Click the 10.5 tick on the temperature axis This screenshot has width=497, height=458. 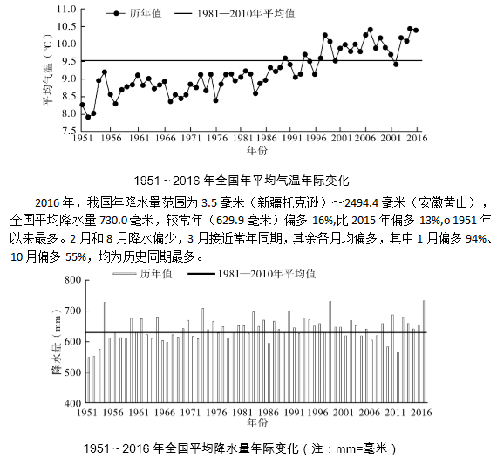[66, 26]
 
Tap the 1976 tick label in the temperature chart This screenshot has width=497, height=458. [217, 138]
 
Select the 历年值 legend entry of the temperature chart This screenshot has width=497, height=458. [134, 13]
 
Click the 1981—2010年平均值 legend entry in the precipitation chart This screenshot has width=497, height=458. [252, 274]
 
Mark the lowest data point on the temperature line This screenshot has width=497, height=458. [88, 118]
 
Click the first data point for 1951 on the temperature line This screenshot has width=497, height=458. [83, 105]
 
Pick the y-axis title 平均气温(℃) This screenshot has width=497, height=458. [48, 70]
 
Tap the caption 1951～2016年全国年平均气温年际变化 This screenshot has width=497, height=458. [242, 181]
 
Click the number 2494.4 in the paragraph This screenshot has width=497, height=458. [361, 202]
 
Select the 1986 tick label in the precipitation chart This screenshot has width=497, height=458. [269, 413]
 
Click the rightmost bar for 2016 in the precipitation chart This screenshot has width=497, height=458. [424, 352]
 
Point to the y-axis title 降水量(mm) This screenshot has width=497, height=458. [57, 341]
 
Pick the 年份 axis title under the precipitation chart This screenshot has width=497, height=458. [257, 423]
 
